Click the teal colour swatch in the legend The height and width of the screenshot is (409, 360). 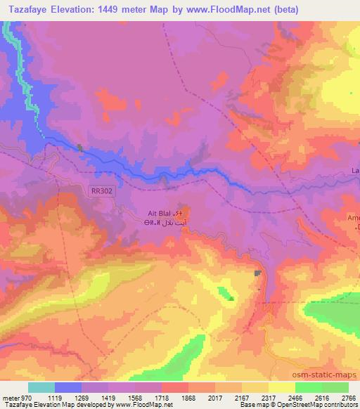tap(41, 388)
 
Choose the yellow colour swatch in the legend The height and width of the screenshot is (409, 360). tap(281, 388)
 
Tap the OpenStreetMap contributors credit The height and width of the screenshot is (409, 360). tap(319, 404)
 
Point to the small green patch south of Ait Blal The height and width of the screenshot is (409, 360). tap(226, 293)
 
